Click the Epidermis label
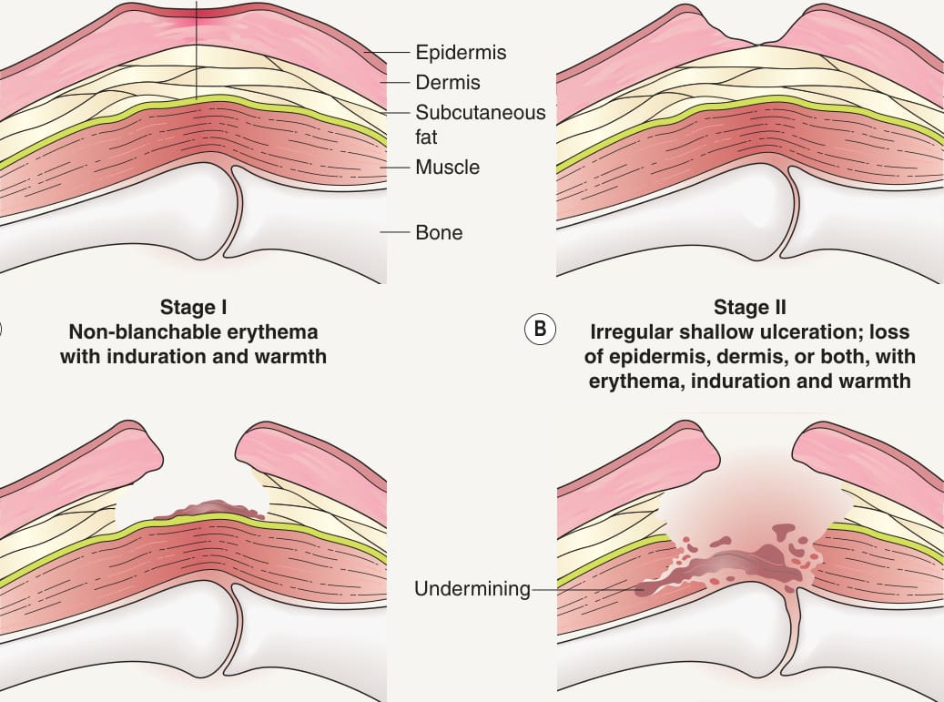pyautogui.click(x=461, y=53)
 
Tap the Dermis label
pyautogui.click(x=448, y=83)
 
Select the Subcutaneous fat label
pyautogui.click(x=480, y=125)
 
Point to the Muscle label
pyautogui.click(x=447, y=167)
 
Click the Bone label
pyautogui.click(x=439, y=232)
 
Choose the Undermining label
pyautogui.click(x=472, y=589)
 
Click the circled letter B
pyautogui.click(x=540, y=329)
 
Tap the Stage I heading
pyautogui.click(x=193, y=307)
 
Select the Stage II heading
pyautogui.click(x=749, y=307)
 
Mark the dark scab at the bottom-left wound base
pyautogui.click(x=210, y=510)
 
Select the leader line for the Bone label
pyautogui.click(x=394, y=232)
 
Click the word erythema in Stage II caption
pyautogui.click(x=636, y=382)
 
